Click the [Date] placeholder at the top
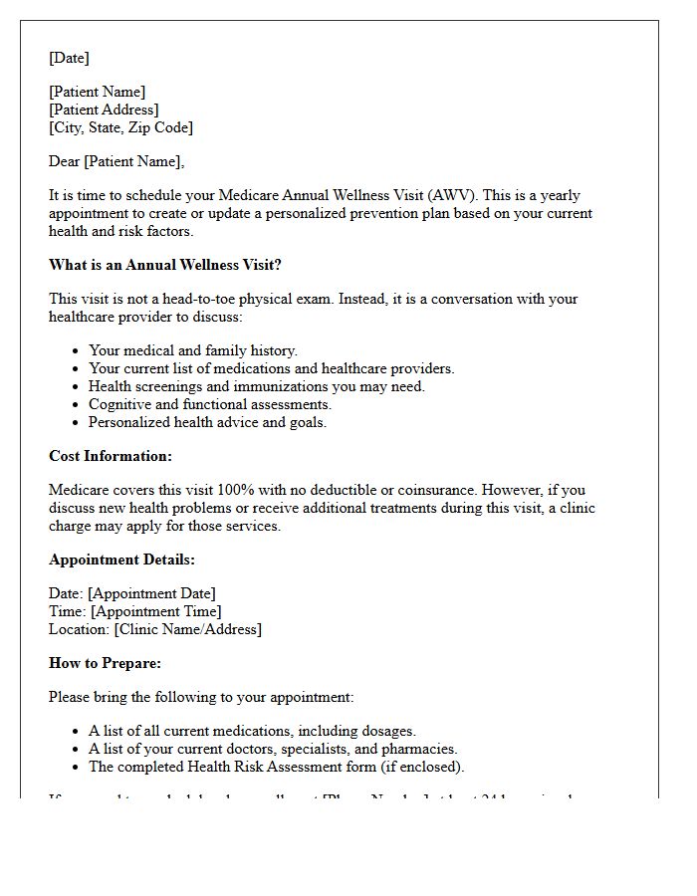point(69,58)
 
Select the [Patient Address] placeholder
point(104,110)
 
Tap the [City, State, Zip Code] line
point(120,127)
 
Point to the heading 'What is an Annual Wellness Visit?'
point(165,265)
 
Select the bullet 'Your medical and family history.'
point(192,350)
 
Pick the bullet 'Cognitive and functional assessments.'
point(209,404)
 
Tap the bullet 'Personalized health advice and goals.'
point(207,422)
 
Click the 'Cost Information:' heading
point(111,456)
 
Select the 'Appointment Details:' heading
point(121,560)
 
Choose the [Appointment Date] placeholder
point(151,593)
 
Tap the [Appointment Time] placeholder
point(155,611)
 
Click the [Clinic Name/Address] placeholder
point(187,629)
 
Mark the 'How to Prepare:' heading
point(105,663)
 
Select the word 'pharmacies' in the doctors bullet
point(419,749)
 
